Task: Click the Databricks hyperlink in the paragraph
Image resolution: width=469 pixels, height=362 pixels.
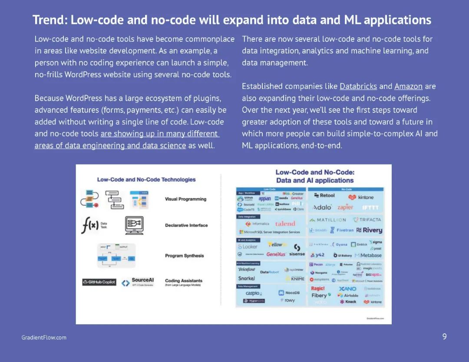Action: pos(358,86)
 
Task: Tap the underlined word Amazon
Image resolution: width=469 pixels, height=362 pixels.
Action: pos(408,86)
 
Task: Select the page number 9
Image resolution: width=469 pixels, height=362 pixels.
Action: pos(444,337)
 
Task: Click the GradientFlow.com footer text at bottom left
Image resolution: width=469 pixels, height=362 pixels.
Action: pos(44,338)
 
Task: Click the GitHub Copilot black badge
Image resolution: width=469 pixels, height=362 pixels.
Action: pos(99,282)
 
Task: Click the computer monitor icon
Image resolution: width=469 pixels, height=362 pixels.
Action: pos(134,225)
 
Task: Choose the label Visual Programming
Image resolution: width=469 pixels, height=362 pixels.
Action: pos(185,199)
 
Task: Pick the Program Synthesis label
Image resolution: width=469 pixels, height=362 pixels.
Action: pos(184,256)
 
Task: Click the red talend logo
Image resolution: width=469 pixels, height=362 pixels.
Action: pos(285,224)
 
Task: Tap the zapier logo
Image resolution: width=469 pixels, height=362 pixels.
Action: pos(345,207)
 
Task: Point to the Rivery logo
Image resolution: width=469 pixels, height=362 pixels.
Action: pos(369,230)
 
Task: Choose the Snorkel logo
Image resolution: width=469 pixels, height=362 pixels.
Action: pos(247,278)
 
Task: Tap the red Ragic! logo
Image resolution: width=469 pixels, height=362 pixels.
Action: pos(318,289)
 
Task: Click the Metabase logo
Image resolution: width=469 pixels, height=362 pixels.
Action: pos(368,255)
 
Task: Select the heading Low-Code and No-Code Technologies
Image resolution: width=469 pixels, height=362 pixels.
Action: pos(146,180)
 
